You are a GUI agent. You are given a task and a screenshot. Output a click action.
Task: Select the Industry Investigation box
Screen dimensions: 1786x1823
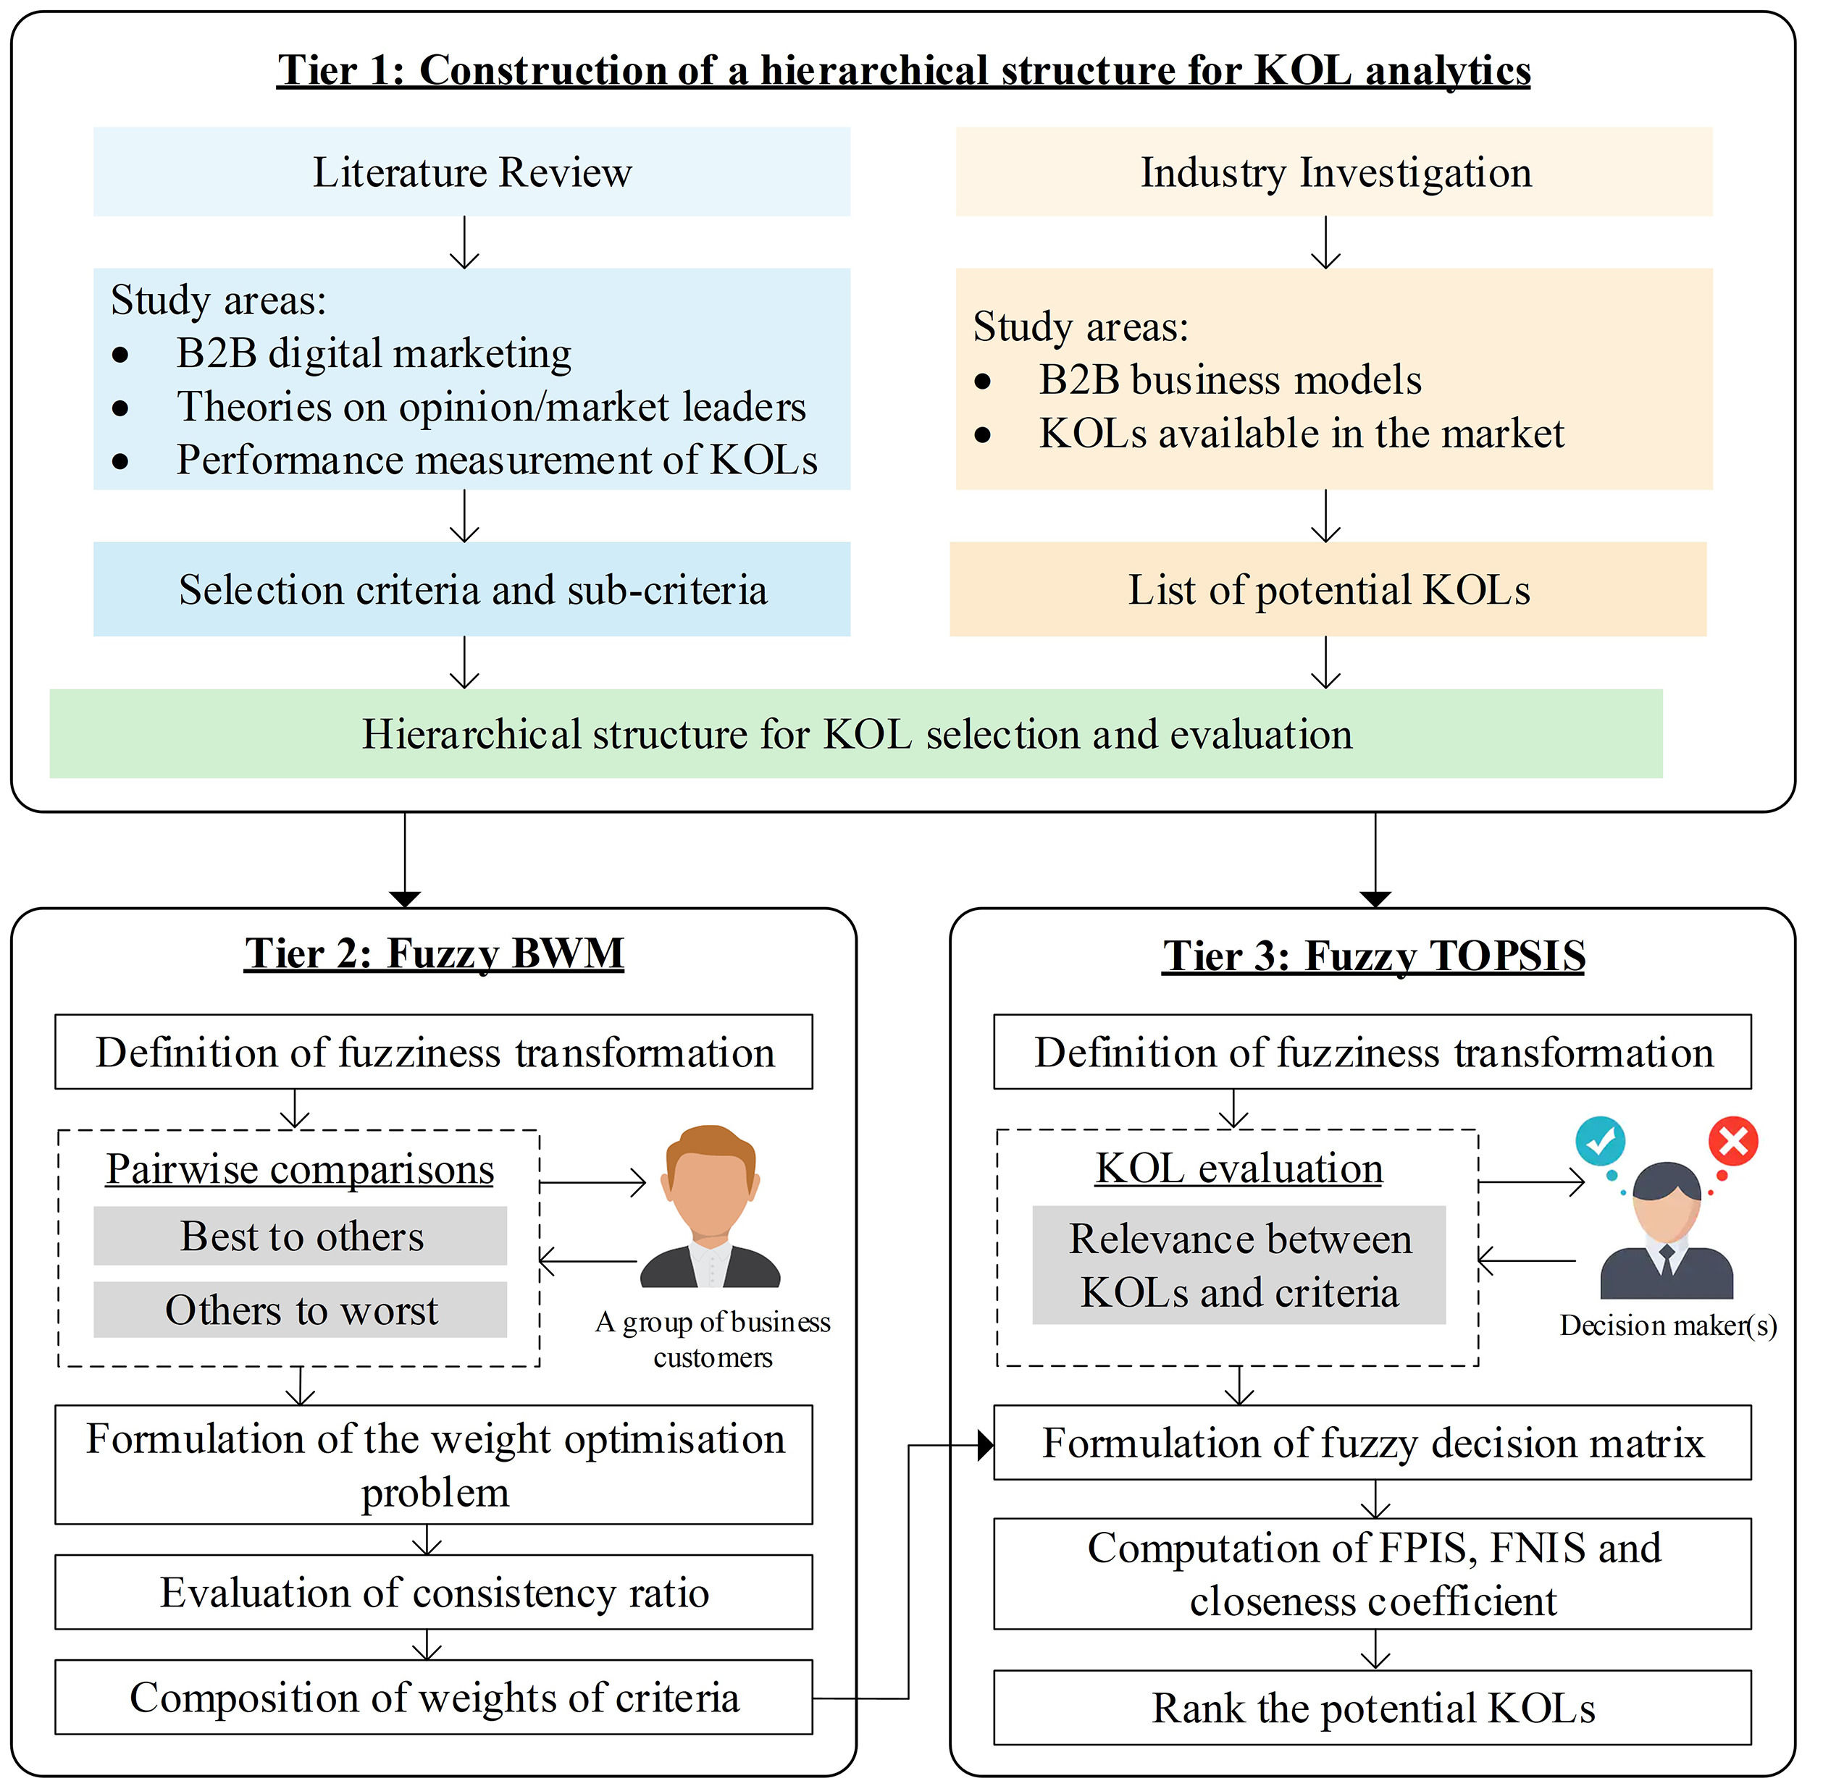click(x=1333, y=172)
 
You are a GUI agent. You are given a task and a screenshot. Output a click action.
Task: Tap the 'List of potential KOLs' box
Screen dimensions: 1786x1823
click(x=1328, y=589)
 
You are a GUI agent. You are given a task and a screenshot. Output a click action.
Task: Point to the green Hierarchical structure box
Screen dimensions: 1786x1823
click(x=855, y=733)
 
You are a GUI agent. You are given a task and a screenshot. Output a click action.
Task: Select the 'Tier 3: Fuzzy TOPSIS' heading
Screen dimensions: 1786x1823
click(x=1373, y=956)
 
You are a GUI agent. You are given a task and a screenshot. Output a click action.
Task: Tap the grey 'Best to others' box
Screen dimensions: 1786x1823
click(x=301, y=1235)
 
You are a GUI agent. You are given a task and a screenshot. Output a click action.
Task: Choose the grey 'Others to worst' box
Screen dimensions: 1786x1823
click(x=301, y=1310)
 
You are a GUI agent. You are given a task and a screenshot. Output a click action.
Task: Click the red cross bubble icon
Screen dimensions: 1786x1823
click(x=1732, y=1142)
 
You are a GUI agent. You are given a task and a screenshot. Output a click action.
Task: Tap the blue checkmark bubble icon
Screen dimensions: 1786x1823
click(x=1600, y=1141)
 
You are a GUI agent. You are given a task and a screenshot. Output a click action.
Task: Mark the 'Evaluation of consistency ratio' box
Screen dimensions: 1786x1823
click(x=433, y=1592)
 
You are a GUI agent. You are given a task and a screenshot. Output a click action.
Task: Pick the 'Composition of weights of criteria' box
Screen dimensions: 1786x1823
click(x=433, y=1697)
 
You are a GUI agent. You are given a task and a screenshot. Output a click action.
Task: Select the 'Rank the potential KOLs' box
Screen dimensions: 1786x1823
click(x=1372, y=1707)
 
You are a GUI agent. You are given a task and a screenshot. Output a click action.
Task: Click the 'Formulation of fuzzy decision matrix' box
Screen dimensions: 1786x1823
click(x=1372, y=1443)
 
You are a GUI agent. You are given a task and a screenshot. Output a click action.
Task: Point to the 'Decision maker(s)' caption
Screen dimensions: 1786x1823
click(x=1667, y=1325)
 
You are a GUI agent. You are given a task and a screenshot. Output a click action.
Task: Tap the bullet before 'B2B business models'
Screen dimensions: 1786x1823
click(x=982, y=381)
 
